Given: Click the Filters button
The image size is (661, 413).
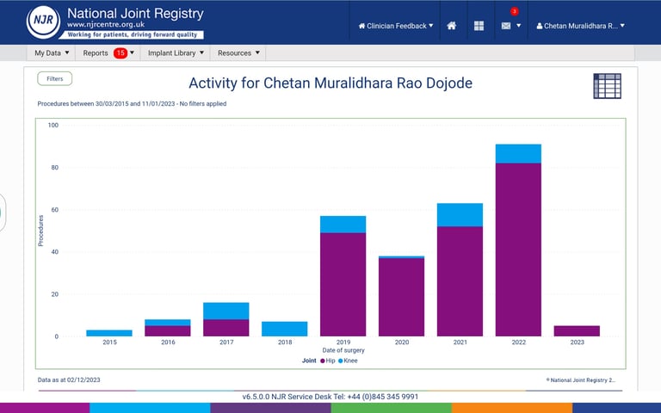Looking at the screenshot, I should tap(55, 78).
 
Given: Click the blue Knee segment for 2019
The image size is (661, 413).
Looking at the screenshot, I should tap(343, 224).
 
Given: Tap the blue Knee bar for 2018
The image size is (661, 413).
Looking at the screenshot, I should tap(284, 329).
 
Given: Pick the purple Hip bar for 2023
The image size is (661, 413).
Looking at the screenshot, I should tap(577, 331).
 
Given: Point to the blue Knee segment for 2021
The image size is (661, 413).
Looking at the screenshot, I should tap(460, 214).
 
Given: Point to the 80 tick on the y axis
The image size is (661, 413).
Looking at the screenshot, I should tap(53, 167).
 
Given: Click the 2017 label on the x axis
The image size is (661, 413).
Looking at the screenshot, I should tap(226, 342).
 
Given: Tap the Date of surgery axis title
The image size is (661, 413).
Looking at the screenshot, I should tap(343, 350).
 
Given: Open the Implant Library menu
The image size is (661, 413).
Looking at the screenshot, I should tap(176, 53).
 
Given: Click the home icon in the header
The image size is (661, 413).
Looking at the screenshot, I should tap(452, 26).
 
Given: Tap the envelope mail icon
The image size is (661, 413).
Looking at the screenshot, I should tap(506, 26).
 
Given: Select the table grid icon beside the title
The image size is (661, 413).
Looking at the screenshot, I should tap(607, 86).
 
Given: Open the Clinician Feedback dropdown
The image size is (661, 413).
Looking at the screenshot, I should tap(396, 26).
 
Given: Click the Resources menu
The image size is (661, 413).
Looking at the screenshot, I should tap(238, 53).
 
